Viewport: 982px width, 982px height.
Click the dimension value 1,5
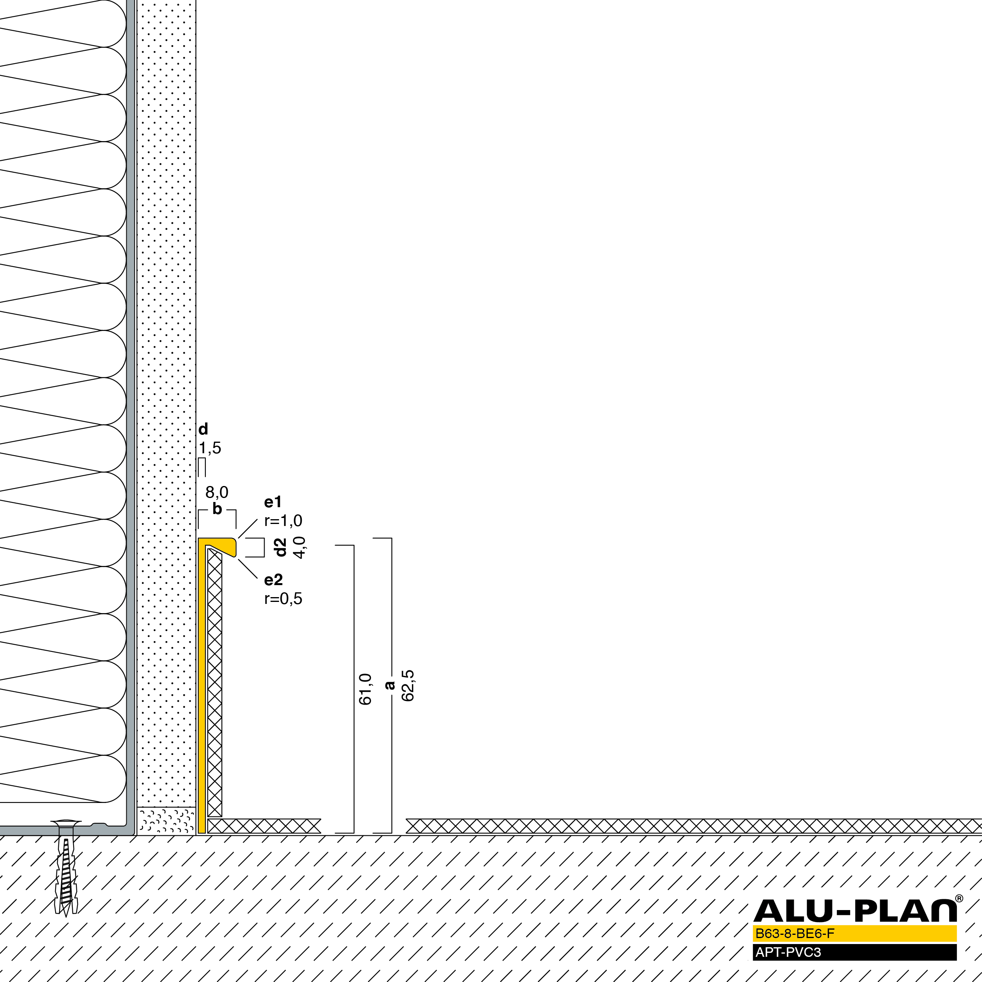tap(210, 448)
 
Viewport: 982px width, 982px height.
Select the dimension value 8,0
tap(217, 492)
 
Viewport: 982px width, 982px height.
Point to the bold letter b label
tap(217, 509)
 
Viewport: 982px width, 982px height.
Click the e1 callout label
tap(273, 502)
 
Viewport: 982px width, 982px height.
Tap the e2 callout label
tap(273, 580)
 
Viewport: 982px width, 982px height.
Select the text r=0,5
tap(283, 599)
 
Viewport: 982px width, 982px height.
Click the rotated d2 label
tap(281, 548)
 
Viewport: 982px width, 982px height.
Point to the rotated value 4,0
tap(299, 548)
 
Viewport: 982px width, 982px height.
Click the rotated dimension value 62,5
tap(408, 686)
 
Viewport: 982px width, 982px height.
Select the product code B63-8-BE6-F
tap(795, 933)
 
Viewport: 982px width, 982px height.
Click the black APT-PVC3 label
tap(788, 952)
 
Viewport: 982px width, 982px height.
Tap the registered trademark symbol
tap(959, 898)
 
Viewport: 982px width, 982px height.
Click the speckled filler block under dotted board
tap(166, 821)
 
